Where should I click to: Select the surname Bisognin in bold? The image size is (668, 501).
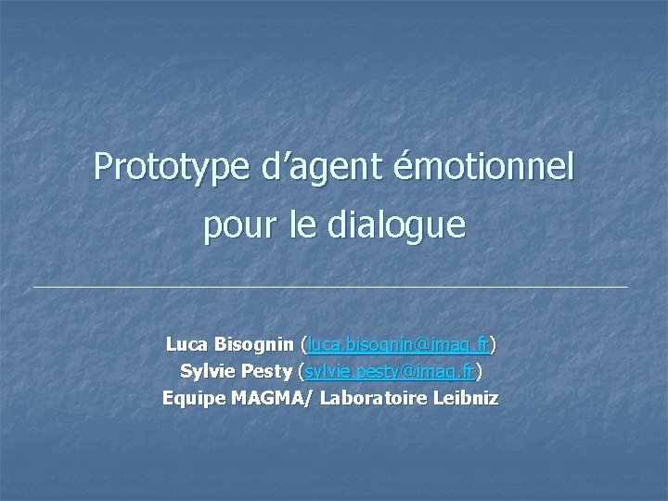coord(255,345)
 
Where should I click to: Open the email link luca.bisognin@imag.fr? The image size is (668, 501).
coord(399,345)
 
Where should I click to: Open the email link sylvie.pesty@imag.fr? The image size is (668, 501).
coord(390,372)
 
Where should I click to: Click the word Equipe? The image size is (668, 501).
coord(190,399)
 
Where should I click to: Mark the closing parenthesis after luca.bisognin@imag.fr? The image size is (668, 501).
coord(493,345)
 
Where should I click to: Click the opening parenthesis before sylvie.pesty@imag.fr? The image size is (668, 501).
coord(300,372)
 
